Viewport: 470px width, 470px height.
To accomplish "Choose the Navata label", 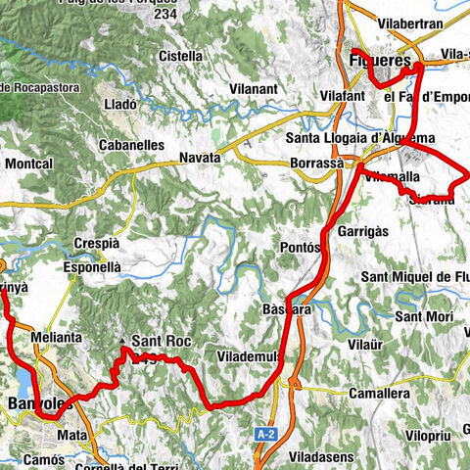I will (200, 158).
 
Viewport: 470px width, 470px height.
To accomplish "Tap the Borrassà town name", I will (317, 162).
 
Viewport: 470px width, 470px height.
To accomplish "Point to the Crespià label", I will (96, 244).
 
